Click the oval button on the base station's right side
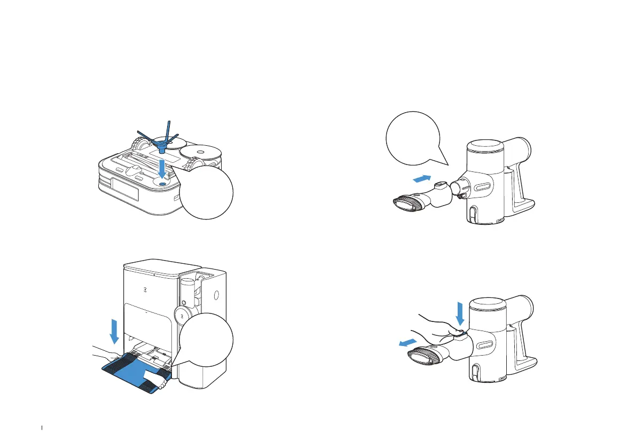coord(217,295)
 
